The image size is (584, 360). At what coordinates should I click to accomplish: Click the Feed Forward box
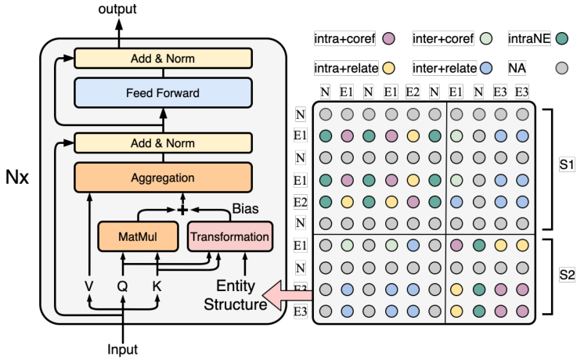click(x=163, y=92)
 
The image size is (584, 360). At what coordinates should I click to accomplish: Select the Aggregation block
click(x=163, y=178)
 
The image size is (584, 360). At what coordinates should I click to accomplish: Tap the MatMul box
click(x=138, y=236)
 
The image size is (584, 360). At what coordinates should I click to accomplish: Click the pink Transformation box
click(x=230, y=236)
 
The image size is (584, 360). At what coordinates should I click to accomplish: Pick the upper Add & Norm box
click(x=163, y=59)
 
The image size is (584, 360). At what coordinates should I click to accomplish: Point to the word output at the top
click(x=117, y=9)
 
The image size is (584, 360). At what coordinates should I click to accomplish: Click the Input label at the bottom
click(x=123, y=349)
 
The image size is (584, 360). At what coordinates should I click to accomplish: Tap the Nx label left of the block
click(x=17, y=177)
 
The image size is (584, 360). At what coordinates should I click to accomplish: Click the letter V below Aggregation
click(x=88, y=286)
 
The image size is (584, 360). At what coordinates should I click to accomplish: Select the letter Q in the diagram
click(x=123, y=286)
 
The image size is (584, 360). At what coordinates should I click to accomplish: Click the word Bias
click(x=245, y=208)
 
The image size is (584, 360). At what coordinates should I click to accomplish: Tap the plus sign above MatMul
click(x=182, y=210)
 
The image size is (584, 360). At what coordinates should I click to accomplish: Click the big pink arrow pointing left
click(x=287, y=295)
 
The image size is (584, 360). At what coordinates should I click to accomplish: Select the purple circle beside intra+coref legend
click(x=388, y=38)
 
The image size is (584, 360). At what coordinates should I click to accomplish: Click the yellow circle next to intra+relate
click(x=388, y=68)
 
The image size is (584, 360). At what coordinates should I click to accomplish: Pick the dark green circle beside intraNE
click(x=561, y=38)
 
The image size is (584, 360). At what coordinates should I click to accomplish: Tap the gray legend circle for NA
click(x=561, y=68)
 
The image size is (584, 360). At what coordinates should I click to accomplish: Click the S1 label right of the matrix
click(x=567, y=164)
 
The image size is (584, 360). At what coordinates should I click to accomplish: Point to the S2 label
click(x=567, y=275)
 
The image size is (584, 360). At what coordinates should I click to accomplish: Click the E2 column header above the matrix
click(x=413, y=92)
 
